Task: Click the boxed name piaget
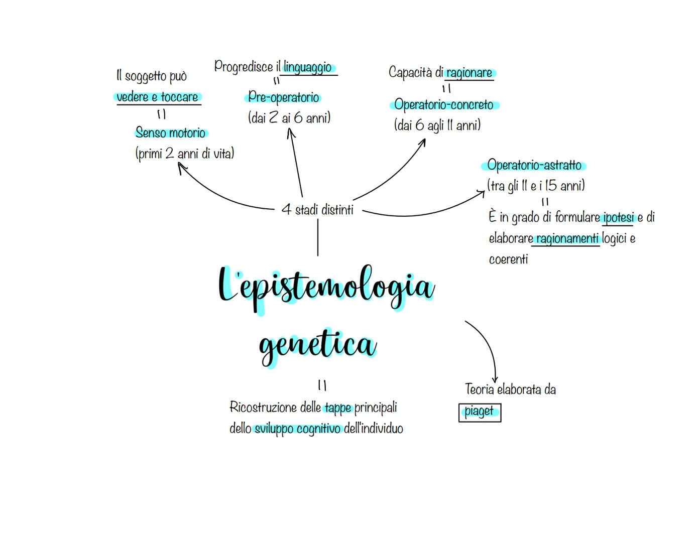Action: pyautogui.click(x=480, y=412)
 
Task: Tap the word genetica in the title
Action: pyautogui.click(x=317, y=345)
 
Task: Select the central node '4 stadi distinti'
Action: pyautogui.click(x=317, y=210)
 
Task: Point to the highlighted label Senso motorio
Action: pyautogui.click(x=171, y=133)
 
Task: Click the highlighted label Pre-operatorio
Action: pyautogui.click(x=284, y=97)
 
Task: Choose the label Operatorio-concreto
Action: pyautogui.click(x=444, y=105)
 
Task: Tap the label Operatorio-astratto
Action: pyautogui.click(x=534, y=165)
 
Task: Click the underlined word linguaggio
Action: pyautogui.click(x=308, y=67)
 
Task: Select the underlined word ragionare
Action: pyautogui.click(x=469, y=73)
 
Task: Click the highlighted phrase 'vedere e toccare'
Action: pyautogui.click(x=158, y=97)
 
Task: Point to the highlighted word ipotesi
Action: pyautogui.click(x=619, y=218)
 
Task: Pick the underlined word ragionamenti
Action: pyautogui.click(x=567, y=239)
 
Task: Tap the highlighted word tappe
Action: pyautogui.click(x=338, y=408)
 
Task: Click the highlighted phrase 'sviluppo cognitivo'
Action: pyautogui.click(x=298, y=429)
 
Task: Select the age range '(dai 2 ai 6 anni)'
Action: pyautogui.click(x=289, y=118)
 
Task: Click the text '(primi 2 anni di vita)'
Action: pyautogui.click(x=185, y=154)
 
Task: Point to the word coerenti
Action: pyautogui.click(x=508, y=259)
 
